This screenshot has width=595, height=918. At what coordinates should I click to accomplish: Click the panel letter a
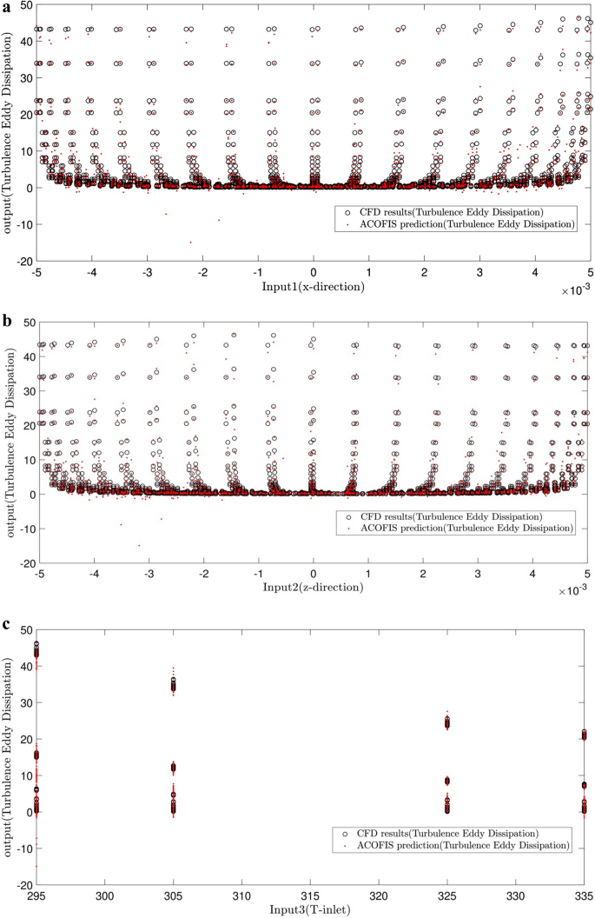point(6,7)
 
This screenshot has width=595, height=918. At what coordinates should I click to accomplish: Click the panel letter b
point(7,321)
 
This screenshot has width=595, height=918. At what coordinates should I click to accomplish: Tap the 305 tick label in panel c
point(174,895)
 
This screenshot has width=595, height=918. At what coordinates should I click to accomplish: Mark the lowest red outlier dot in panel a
point(191,243)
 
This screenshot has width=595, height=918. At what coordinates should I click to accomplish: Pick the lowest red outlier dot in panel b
point(139,545)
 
